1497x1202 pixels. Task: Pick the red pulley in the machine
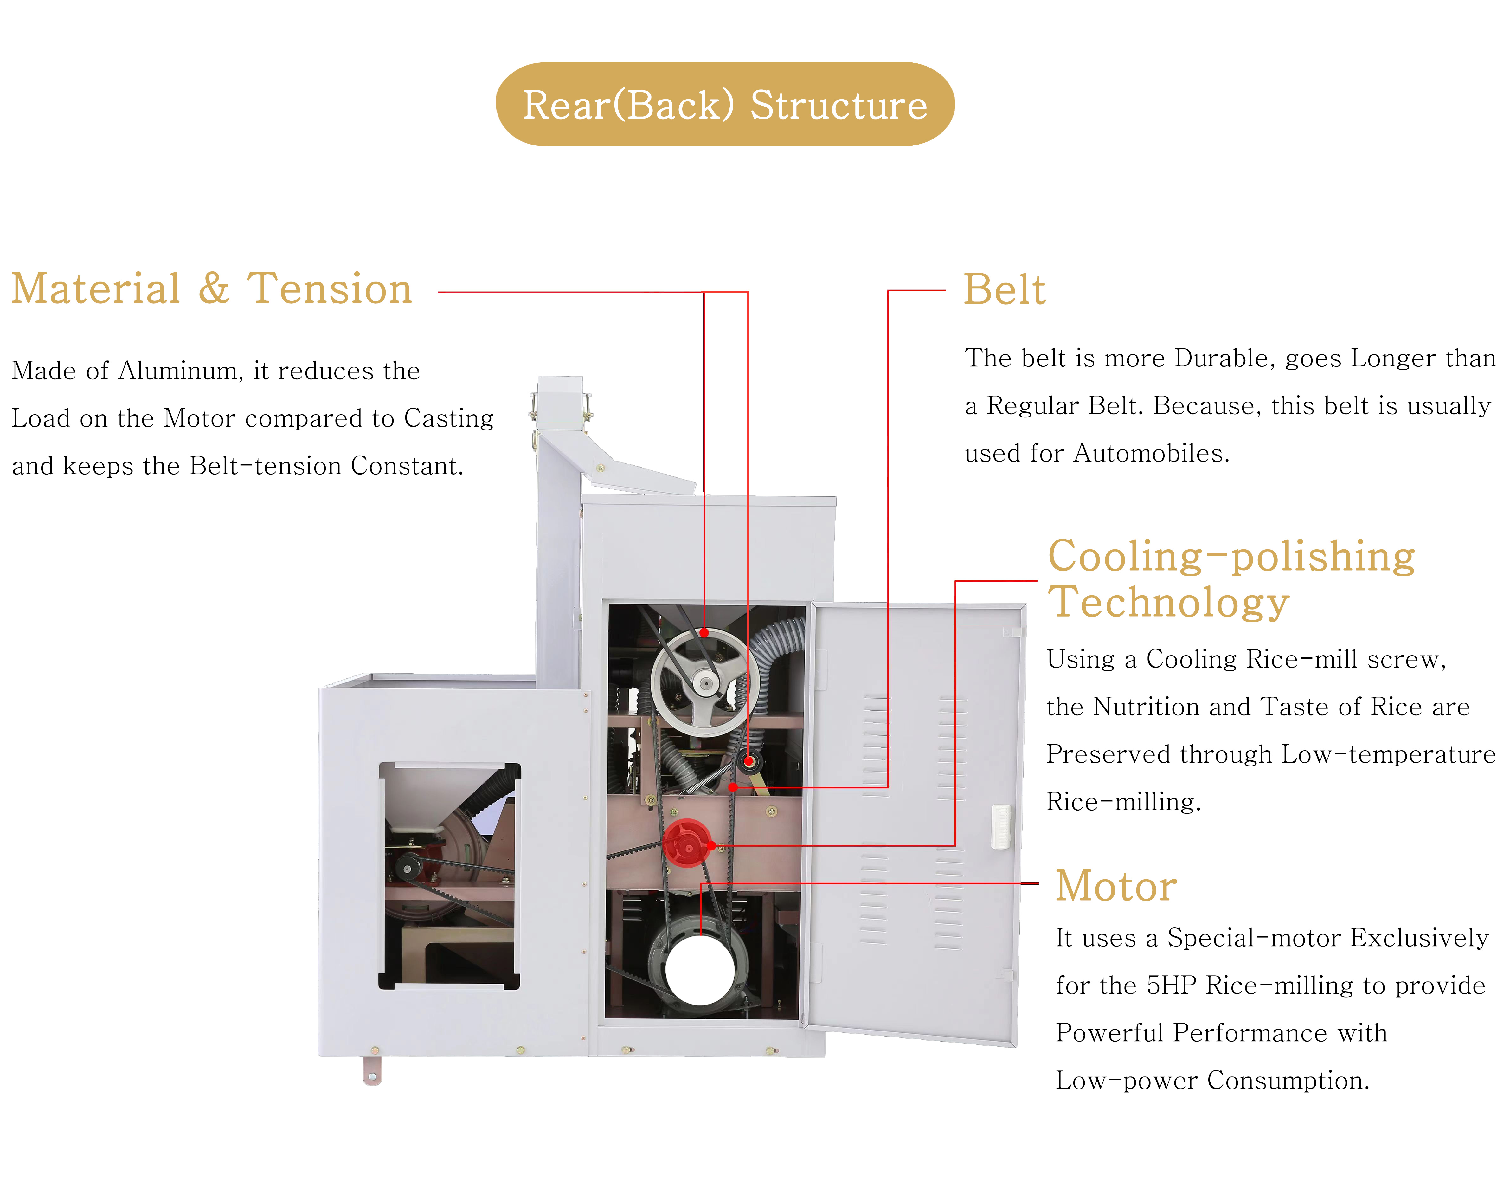[x=686, y=843]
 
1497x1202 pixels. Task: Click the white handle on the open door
[x=1000, y=826]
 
